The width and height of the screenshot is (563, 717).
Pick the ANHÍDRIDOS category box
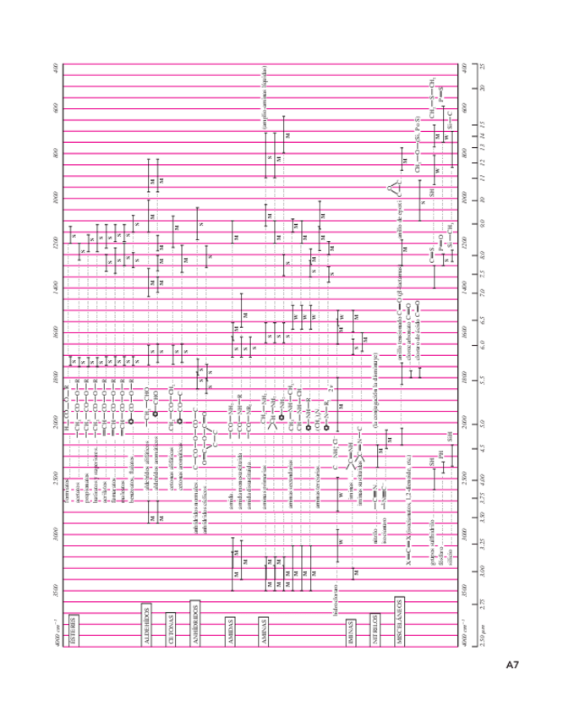point(194,618)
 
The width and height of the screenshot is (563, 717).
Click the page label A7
point(512,665)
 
